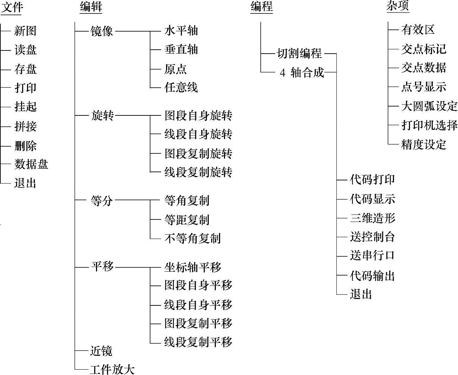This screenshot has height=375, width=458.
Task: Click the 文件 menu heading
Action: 12,7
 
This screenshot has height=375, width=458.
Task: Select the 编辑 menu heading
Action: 91,7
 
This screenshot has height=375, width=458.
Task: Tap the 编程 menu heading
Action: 261,7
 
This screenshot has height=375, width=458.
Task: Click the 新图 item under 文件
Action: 25,31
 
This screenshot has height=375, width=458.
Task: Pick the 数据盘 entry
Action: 31,164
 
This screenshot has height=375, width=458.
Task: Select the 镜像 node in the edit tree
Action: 102,31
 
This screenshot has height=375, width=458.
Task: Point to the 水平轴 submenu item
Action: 181,31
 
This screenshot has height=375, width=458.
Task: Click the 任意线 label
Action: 181,87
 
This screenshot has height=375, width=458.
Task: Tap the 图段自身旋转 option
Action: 198,116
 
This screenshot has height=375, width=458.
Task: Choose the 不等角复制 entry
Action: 192,238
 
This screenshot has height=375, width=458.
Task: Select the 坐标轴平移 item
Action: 192,267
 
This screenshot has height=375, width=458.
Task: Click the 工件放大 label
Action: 112,369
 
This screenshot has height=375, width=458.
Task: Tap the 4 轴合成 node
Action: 302,72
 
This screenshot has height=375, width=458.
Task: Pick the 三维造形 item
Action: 372,218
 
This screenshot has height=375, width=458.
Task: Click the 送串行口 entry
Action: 372,256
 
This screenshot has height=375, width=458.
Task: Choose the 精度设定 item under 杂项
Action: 424,145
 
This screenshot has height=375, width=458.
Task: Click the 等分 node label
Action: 102,201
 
